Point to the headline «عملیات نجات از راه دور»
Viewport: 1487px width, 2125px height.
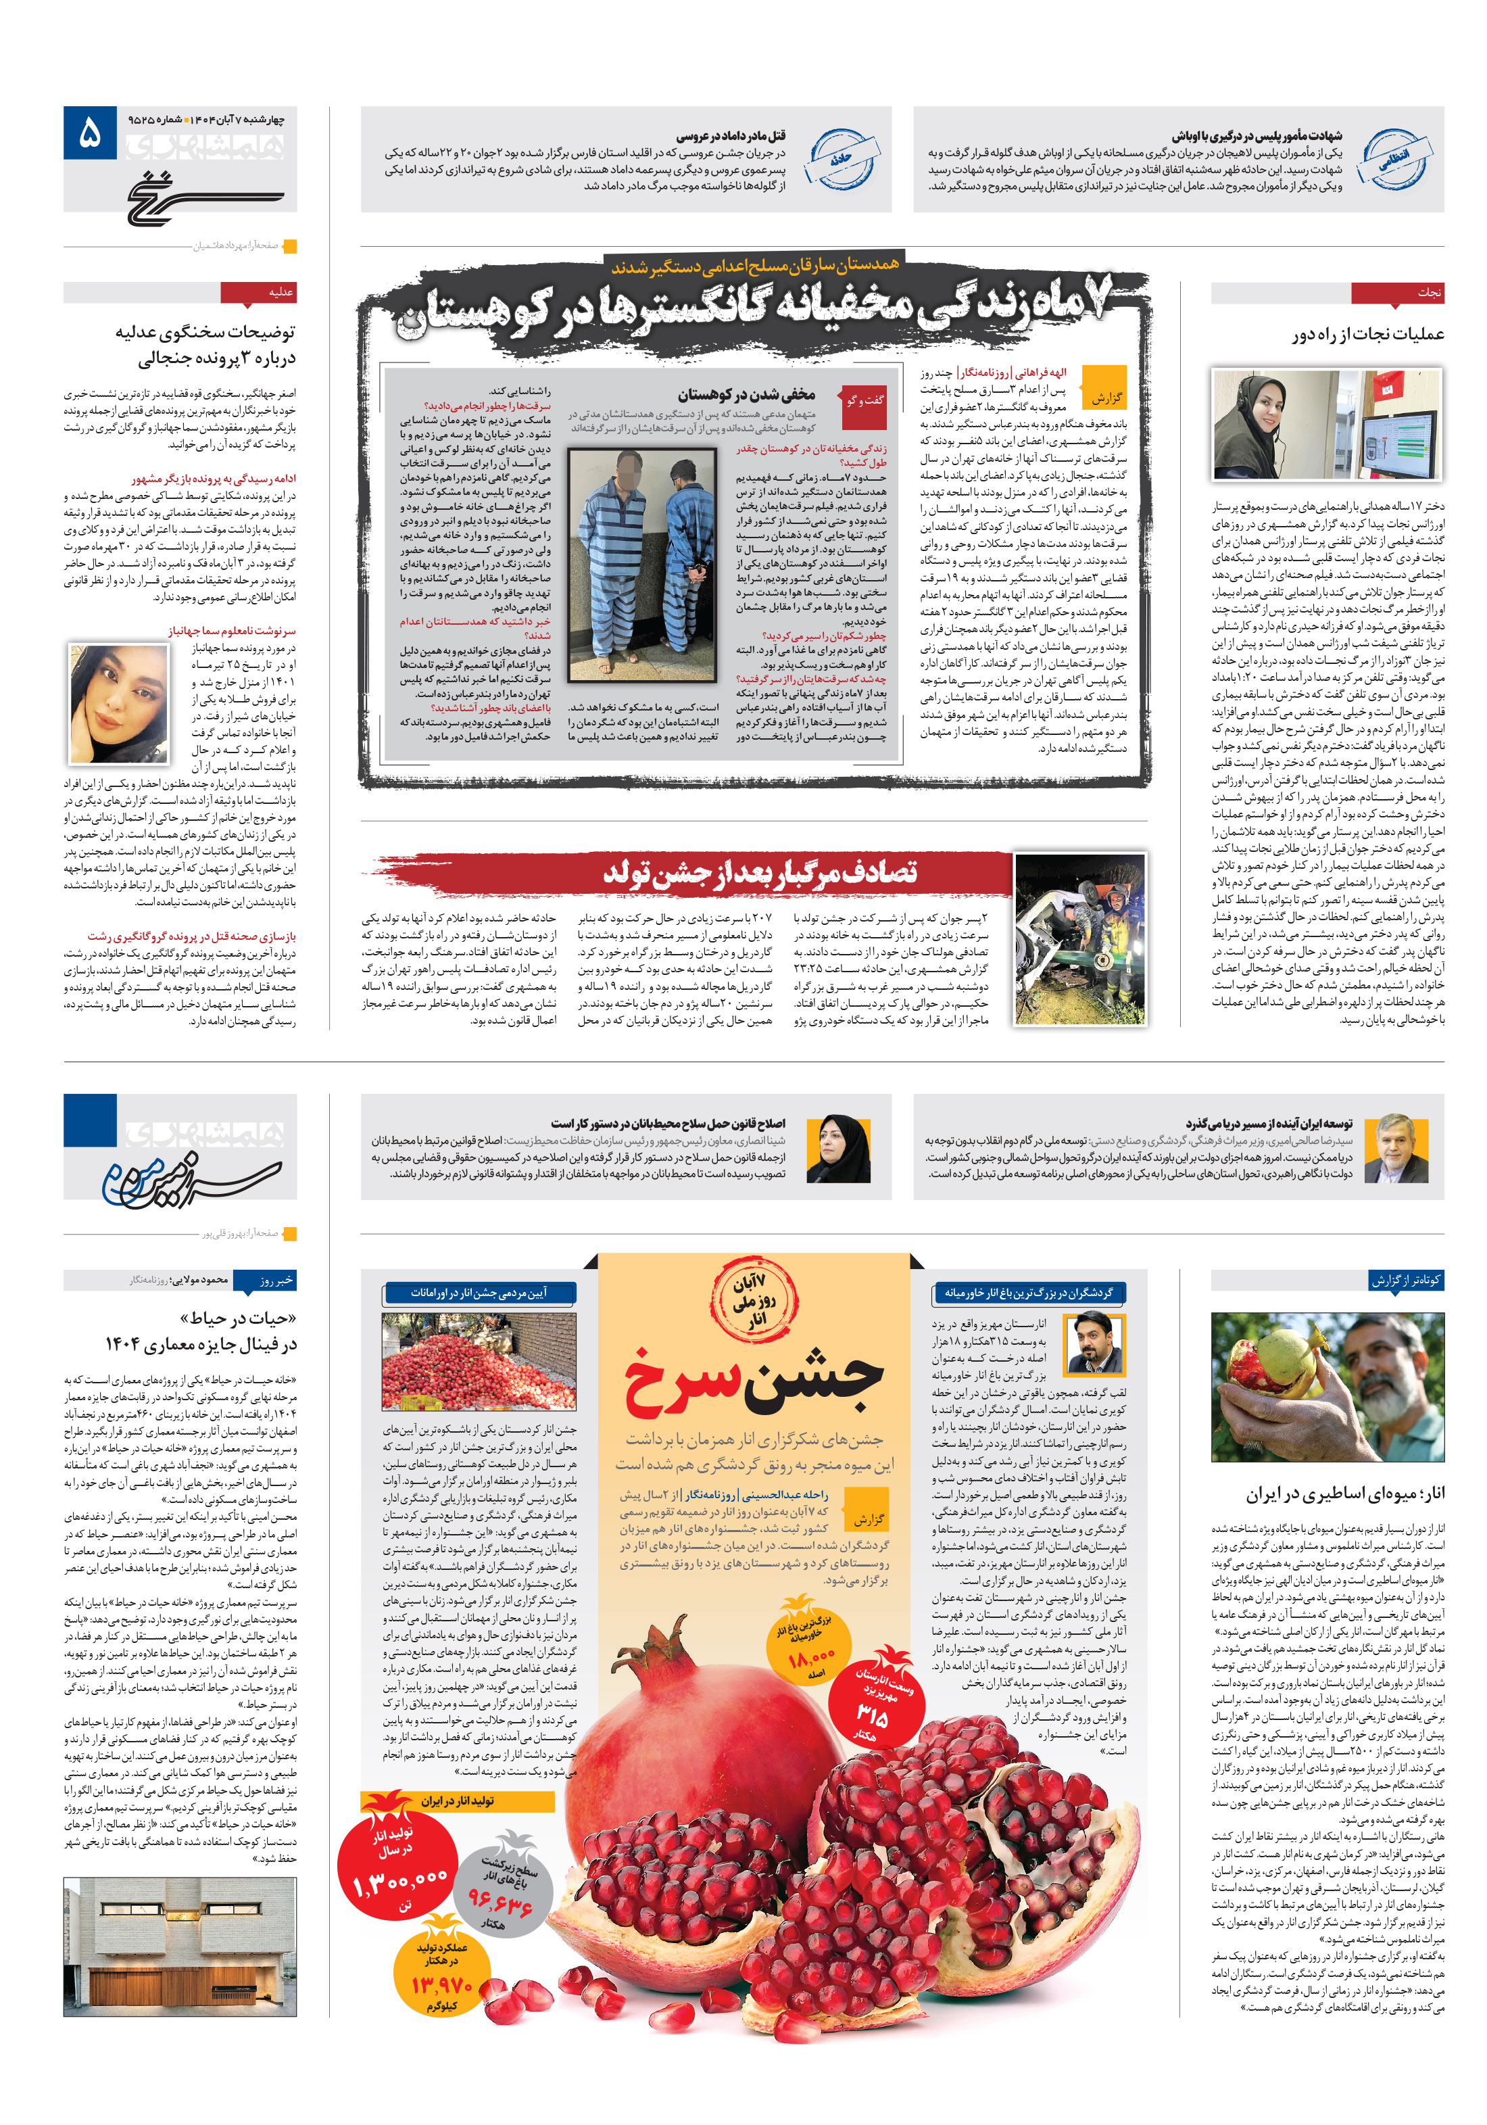tap(1367, 334)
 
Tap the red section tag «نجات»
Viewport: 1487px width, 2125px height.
tap(1396, 293)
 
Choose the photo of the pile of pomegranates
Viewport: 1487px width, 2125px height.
tap(479, 1360)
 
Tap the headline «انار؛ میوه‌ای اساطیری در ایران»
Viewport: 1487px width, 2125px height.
tap(1344, 1493)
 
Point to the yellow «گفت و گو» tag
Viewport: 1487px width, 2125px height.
tap(864, 401)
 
